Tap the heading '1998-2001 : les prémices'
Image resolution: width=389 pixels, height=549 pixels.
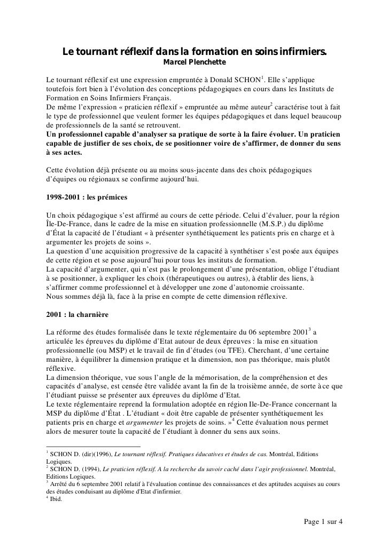pos(87,197)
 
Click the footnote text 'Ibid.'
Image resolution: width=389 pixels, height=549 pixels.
pos(56,499)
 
